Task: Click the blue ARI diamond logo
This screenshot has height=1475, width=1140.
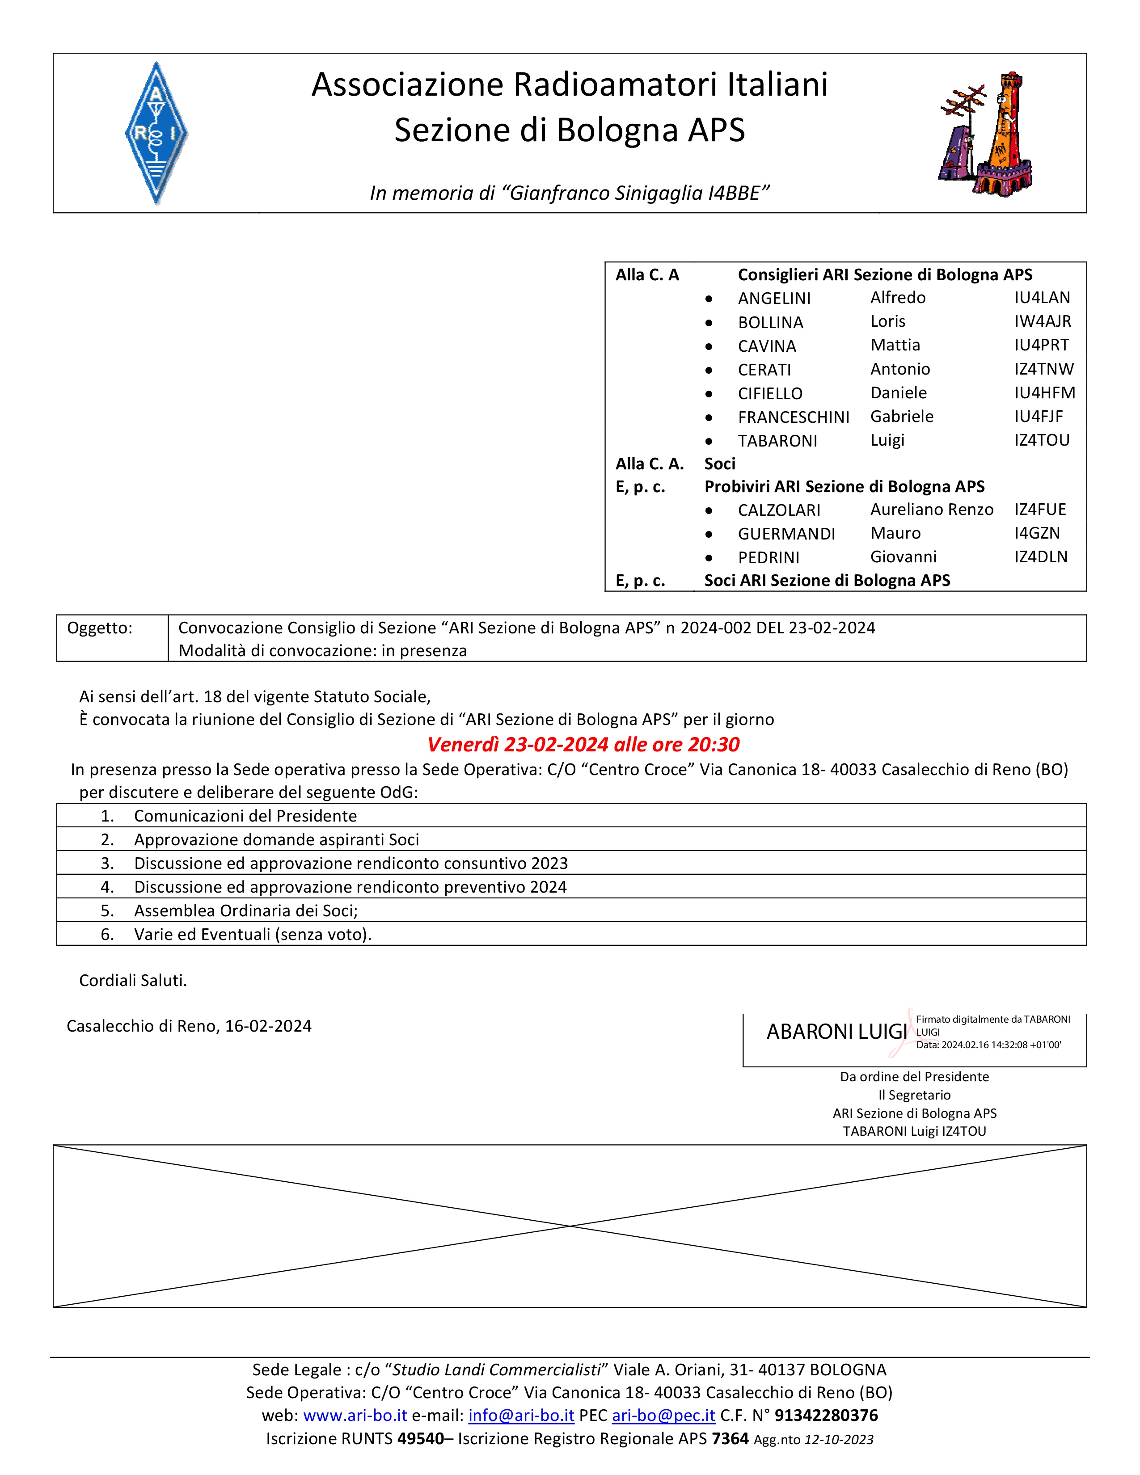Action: (156, 133)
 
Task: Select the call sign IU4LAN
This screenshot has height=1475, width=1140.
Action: (1041, 298)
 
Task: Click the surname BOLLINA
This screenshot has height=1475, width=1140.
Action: (771, 323)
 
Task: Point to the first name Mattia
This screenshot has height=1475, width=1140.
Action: (895, 345)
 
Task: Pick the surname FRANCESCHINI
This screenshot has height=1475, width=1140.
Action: (794, 417)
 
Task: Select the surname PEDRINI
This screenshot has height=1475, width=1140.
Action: (768, 557)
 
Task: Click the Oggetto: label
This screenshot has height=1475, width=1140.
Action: (100, 628)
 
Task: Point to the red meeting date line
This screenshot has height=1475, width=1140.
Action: (583, 744)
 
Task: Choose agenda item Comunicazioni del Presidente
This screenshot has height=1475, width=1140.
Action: (245, 816)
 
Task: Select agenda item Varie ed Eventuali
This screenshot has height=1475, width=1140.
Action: (253, 934)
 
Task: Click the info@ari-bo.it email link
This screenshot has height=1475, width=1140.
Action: (521, 1415)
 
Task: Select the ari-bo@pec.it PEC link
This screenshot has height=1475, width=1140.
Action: (663, 1415)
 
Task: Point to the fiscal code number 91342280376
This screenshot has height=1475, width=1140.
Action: (826, 1415)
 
